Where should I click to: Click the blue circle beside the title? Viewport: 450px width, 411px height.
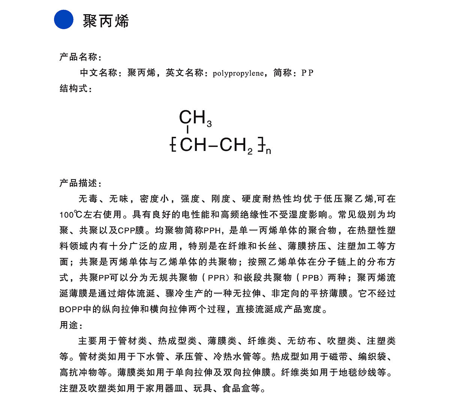click(64, 19)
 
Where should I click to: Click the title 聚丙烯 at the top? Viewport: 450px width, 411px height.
click(106, 21)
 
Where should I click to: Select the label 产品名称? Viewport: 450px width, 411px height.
click(79, 57)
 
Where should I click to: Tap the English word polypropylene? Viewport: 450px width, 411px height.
click(238, 73)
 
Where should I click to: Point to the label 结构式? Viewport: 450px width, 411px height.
click(74, 88)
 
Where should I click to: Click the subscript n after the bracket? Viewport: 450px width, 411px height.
click(268, 151)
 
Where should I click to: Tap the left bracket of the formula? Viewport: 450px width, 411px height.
click(173, 145)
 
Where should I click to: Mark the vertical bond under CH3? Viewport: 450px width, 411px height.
click(187, 130)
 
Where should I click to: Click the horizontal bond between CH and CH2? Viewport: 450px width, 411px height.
click(213, 145)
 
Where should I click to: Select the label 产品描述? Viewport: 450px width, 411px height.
click(79, 183)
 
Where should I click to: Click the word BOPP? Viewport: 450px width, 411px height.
click(71, 309)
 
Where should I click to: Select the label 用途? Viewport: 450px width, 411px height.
click(69, 325)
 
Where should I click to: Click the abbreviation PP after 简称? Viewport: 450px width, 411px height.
click(307, 73)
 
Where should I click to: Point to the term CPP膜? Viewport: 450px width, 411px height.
click(131, 230)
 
